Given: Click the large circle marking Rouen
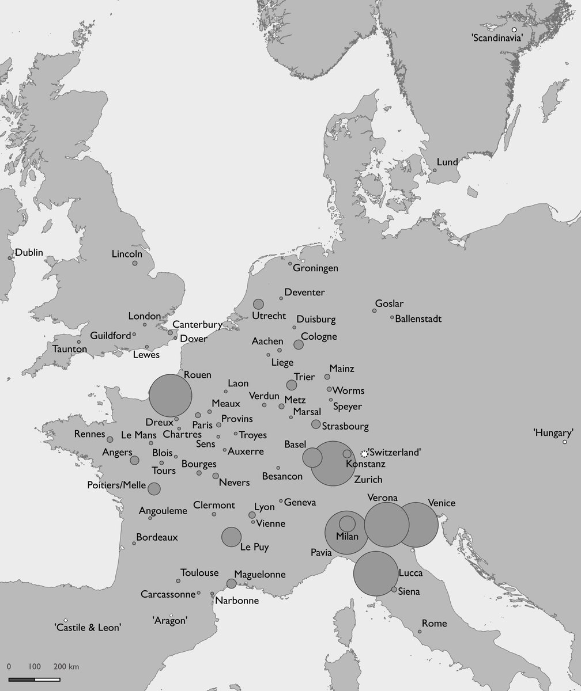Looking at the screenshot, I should [x=170, y=396].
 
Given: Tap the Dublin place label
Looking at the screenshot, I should [x=29, y=252].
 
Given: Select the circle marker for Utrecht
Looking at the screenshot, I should [x=258, y=304].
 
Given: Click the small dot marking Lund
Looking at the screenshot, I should [x=435, y=170].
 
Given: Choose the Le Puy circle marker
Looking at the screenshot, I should [x=231, y=537].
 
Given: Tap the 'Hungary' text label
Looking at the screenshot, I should [x=553, y=432].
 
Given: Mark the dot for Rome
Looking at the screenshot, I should [x=420, y=632].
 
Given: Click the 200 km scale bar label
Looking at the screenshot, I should [x=66, y=667].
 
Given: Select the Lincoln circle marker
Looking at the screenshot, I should [x=135, y=263].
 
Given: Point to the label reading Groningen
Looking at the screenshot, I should [x=315, y=268].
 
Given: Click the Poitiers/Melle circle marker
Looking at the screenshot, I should [x=154, y=489].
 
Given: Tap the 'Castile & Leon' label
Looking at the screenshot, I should [x=88, y=628].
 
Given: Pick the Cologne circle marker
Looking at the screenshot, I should [x=299, y=344].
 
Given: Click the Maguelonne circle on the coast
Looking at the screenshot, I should [x=231, y=583].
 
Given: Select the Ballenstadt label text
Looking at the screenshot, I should [x=418, y=318].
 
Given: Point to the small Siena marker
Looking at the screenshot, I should [x=394, y=589].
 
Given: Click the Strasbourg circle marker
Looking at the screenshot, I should [x=316, y=424].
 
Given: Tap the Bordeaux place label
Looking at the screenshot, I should [x=157, y=537].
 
